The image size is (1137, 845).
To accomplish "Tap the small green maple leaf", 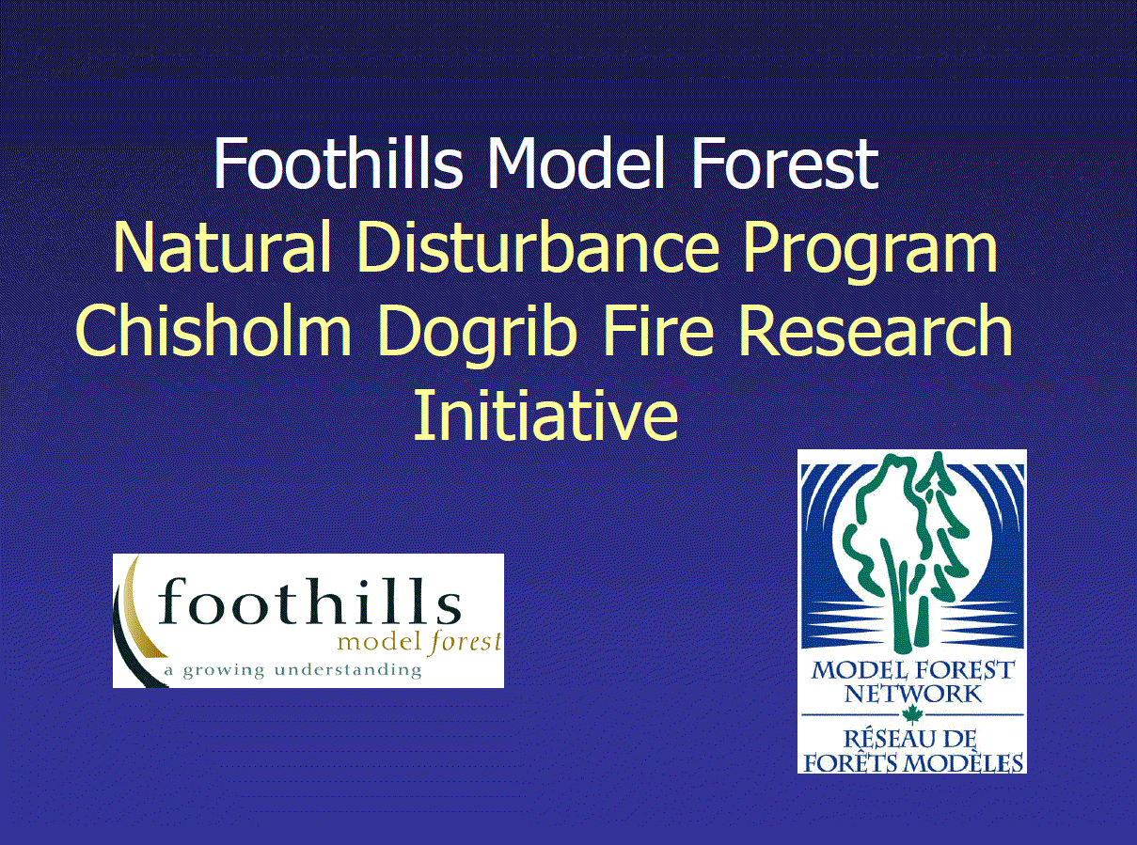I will (x=910, y=715).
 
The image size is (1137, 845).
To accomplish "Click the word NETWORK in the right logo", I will (x=912, y=695).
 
